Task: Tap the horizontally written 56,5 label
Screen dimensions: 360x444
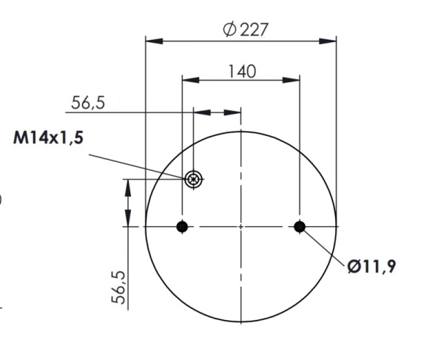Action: point(89,103)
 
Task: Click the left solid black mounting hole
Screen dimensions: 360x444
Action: point(182,226)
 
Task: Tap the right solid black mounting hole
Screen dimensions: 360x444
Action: point(300,226)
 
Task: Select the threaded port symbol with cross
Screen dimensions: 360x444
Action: point(194,178)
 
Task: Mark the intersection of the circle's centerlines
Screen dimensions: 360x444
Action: point(241,226)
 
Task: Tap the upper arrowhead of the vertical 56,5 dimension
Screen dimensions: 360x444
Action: point(129,185)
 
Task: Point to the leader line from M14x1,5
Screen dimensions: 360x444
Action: point(137,164)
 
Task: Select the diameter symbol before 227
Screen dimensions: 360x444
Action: point(229,29)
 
